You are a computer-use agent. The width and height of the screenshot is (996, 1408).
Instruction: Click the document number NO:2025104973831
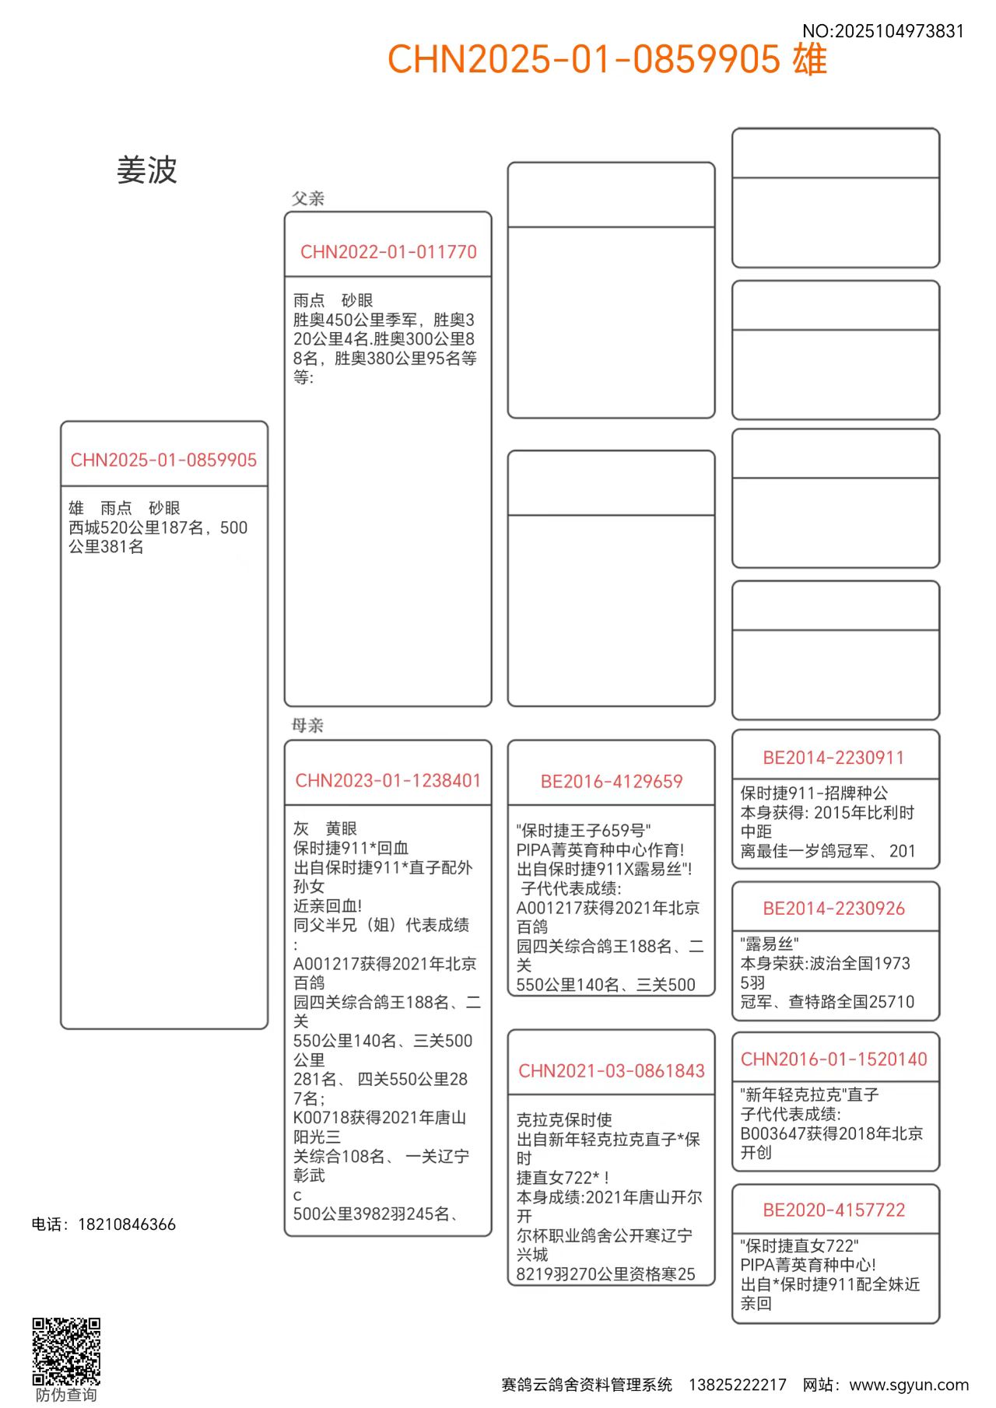[x=882, y=31]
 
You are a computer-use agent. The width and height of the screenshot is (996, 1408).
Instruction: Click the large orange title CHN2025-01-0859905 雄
[x=607, y=60]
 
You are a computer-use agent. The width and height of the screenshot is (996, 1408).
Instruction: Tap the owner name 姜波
[x=147, y=170]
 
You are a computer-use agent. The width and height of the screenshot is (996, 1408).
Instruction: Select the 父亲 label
[x=307, y=198]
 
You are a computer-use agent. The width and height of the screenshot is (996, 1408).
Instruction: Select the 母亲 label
[x=307, y=725]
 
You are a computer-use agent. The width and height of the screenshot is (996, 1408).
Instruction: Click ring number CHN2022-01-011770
[x=388, y=252]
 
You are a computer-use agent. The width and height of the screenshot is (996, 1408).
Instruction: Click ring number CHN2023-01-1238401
[x=388, y=780]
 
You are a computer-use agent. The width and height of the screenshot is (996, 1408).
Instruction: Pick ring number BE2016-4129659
[x=612, y=782]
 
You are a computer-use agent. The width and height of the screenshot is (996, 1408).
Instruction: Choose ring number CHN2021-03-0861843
[x=612, y=1071]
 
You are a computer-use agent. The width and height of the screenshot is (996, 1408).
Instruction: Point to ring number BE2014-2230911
[x=833, y=758]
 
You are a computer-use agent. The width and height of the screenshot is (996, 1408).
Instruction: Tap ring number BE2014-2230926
[x=833, y=909]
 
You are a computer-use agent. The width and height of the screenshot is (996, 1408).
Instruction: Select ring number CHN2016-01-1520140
[x=833, y=1060]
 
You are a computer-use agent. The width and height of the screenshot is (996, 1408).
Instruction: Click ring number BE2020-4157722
[x=833, y=1210]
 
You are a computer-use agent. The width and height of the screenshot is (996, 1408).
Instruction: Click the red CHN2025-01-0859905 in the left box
[x=163, y=461]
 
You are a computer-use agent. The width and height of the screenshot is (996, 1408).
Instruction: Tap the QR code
[x=66, y=1351]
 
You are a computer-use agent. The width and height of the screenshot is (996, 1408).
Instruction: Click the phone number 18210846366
[x=127, y=1224]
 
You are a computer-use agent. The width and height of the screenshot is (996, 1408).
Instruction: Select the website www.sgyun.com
[x=908, y=1385]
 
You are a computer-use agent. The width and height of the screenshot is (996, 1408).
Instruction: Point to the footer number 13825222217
[x=737, y=1385]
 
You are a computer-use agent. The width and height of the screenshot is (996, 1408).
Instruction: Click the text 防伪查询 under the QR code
[x=66, y=1395]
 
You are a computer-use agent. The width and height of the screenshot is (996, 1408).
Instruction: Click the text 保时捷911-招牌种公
[x=814, y=793]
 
